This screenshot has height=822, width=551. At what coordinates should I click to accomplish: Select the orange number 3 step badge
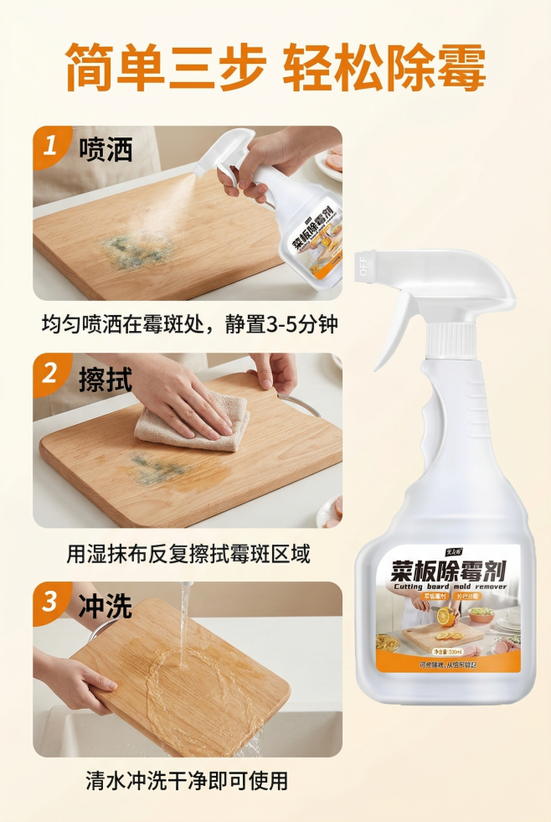coord(51,602)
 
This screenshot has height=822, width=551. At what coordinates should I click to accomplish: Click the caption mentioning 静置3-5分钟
coord(192,323)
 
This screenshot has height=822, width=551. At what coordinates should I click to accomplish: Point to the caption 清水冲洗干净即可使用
coord(187,782)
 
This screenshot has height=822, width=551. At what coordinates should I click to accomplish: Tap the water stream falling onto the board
coord(183,624)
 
